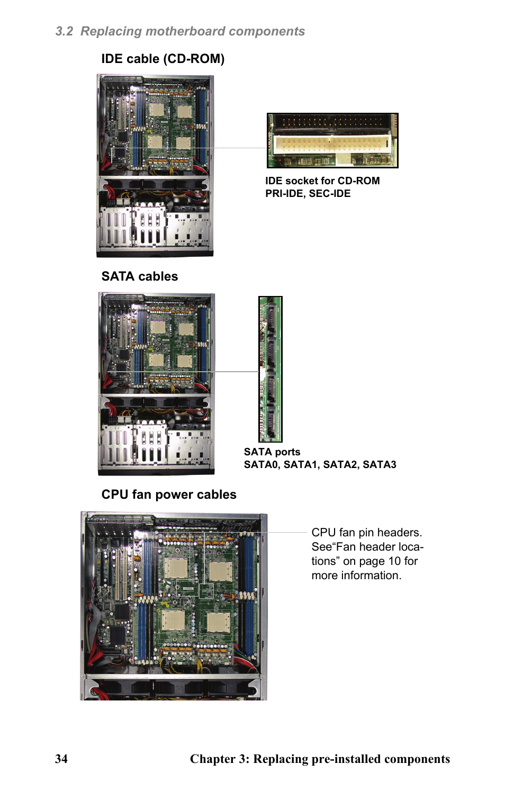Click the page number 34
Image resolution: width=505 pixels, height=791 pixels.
click(x=61, y=759)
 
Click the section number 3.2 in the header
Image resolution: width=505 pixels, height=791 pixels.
click(x=64, y=31)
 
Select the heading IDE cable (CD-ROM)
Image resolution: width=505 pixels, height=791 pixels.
click(x=163, y=59)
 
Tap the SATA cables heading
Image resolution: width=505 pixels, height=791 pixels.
click(x=140, y=276)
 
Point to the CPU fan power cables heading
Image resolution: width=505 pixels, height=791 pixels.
click(x=169, y=495)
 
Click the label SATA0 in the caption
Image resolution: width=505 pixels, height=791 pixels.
click(x=261, y=464)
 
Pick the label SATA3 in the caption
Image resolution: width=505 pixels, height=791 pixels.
click(x=380, y=464)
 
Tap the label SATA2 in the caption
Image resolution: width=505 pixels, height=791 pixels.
click(x=341, y=464)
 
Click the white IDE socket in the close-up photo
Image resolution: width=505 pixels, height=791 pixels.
click(x=331, y=145)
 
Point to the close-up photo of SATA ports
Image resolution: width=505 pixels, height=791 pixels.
click(x=270, y=369)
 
